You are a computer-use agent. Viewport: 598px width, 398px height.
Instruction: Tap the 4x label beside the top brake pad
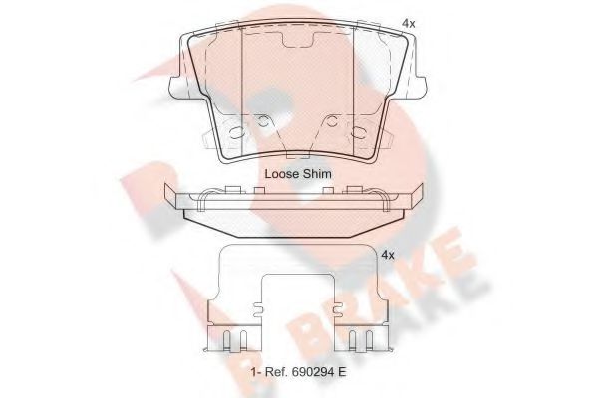pyautogui.click(x=408, y=21)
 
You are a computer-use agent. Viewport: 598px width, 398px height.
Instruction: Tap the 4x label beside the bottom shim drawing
pyautogui.click(x=388, y=255)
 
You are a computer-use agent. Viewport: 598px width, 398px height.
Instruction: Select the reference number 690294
pyautogui.click(x=309, y=373)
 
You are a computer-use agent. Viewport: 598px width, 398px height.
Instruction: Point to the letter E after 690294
pyautogui.click(x=342, y=373)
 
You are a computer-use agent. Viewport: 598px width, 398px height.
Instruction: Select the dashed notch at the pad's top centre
pyautogui.click(x=299, y=45)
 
